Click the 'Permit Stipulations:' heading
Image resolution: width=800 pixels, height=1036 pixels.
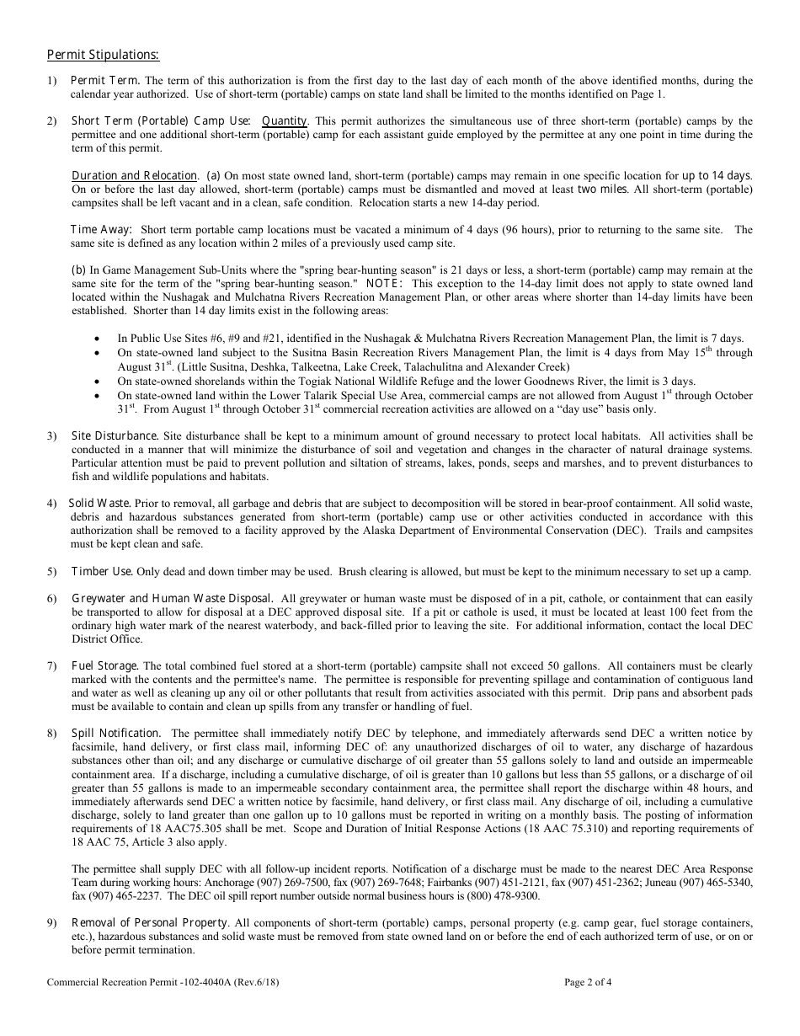click(x=103, y=55)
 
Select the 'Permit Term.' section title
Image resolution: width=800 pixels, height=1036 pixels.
click(x=99, y=80)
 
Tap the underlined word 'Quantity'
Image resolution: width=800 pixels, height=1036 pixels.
click(x=285, y=120)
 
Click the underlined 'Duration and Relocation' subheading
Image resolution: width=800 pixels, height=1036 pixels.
click(x=135, y=175)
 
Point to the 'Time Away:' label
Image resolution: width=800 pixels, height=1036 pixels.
click(x=101, y=229)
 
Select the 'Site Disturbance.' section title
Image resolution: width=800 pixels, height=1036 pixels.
click(x=115, y=435)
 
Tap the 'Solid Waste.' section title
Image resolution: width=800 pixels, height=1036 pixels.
click(x=99, y=503)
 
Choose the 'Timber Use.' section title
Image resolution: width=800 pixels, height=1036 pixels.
click(x=102, y=571)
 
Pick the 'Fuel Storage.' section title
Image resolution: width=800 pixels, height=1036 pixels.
click(x=105, y=665)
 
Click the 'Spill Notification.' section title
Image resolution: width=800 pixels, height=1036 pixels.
click(x=116, y=734)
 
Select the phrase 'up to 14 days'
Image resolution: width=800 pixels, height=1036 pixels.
click(x=715, y=175)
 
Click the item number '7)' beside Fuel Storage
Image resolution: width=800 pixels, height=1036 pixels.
click(x=52, y=665)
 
